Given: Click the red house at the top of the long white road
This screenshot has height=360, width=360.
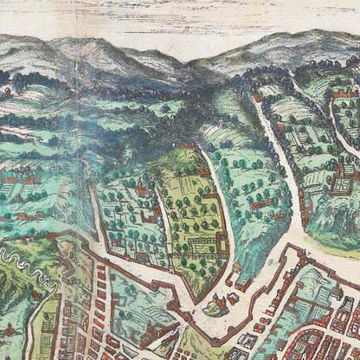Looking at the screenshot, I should click(257, 98).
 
